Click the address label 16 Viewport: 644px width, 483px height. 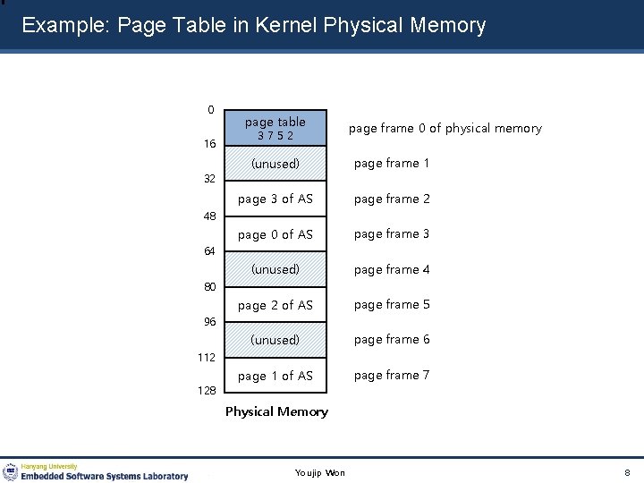coord(209,144)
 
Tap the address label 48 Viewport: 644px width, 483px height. coord(209,216)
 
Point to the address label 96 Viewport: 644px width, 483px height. coord(209,322)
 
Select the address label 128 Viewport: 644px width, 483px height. coord(208,392)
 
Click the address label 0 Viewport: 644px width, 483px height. coord(211,110)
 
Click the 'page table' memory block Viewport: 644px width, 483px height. coord(275,128)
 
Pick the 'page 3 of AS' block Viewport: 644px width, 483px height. coord(275,199)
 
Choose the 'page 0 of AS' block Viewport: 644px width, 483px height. coord(275,234)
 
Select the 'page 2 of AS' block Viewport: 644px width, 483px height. coord(275,305)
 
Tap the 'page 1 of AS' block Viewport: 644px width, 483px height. coord(275,376)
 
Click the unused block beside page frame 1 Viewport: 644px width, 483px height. coord(275,164)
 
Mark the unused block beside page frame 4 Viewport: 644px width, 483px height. coord(275,269)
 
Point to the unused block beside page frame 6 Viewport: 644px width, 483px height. coord(275,340)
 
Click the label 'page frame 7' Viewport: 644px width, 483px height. coord(392,375)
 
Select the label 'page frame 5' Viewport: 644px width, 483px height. coord(392,304)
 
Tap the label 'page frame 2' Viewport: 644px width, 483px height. coord(392,199)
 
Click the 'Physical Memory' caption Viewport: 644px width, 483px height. coord(276,411)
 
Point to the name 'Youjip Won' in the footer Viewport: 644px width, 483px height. coord(320,472)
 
